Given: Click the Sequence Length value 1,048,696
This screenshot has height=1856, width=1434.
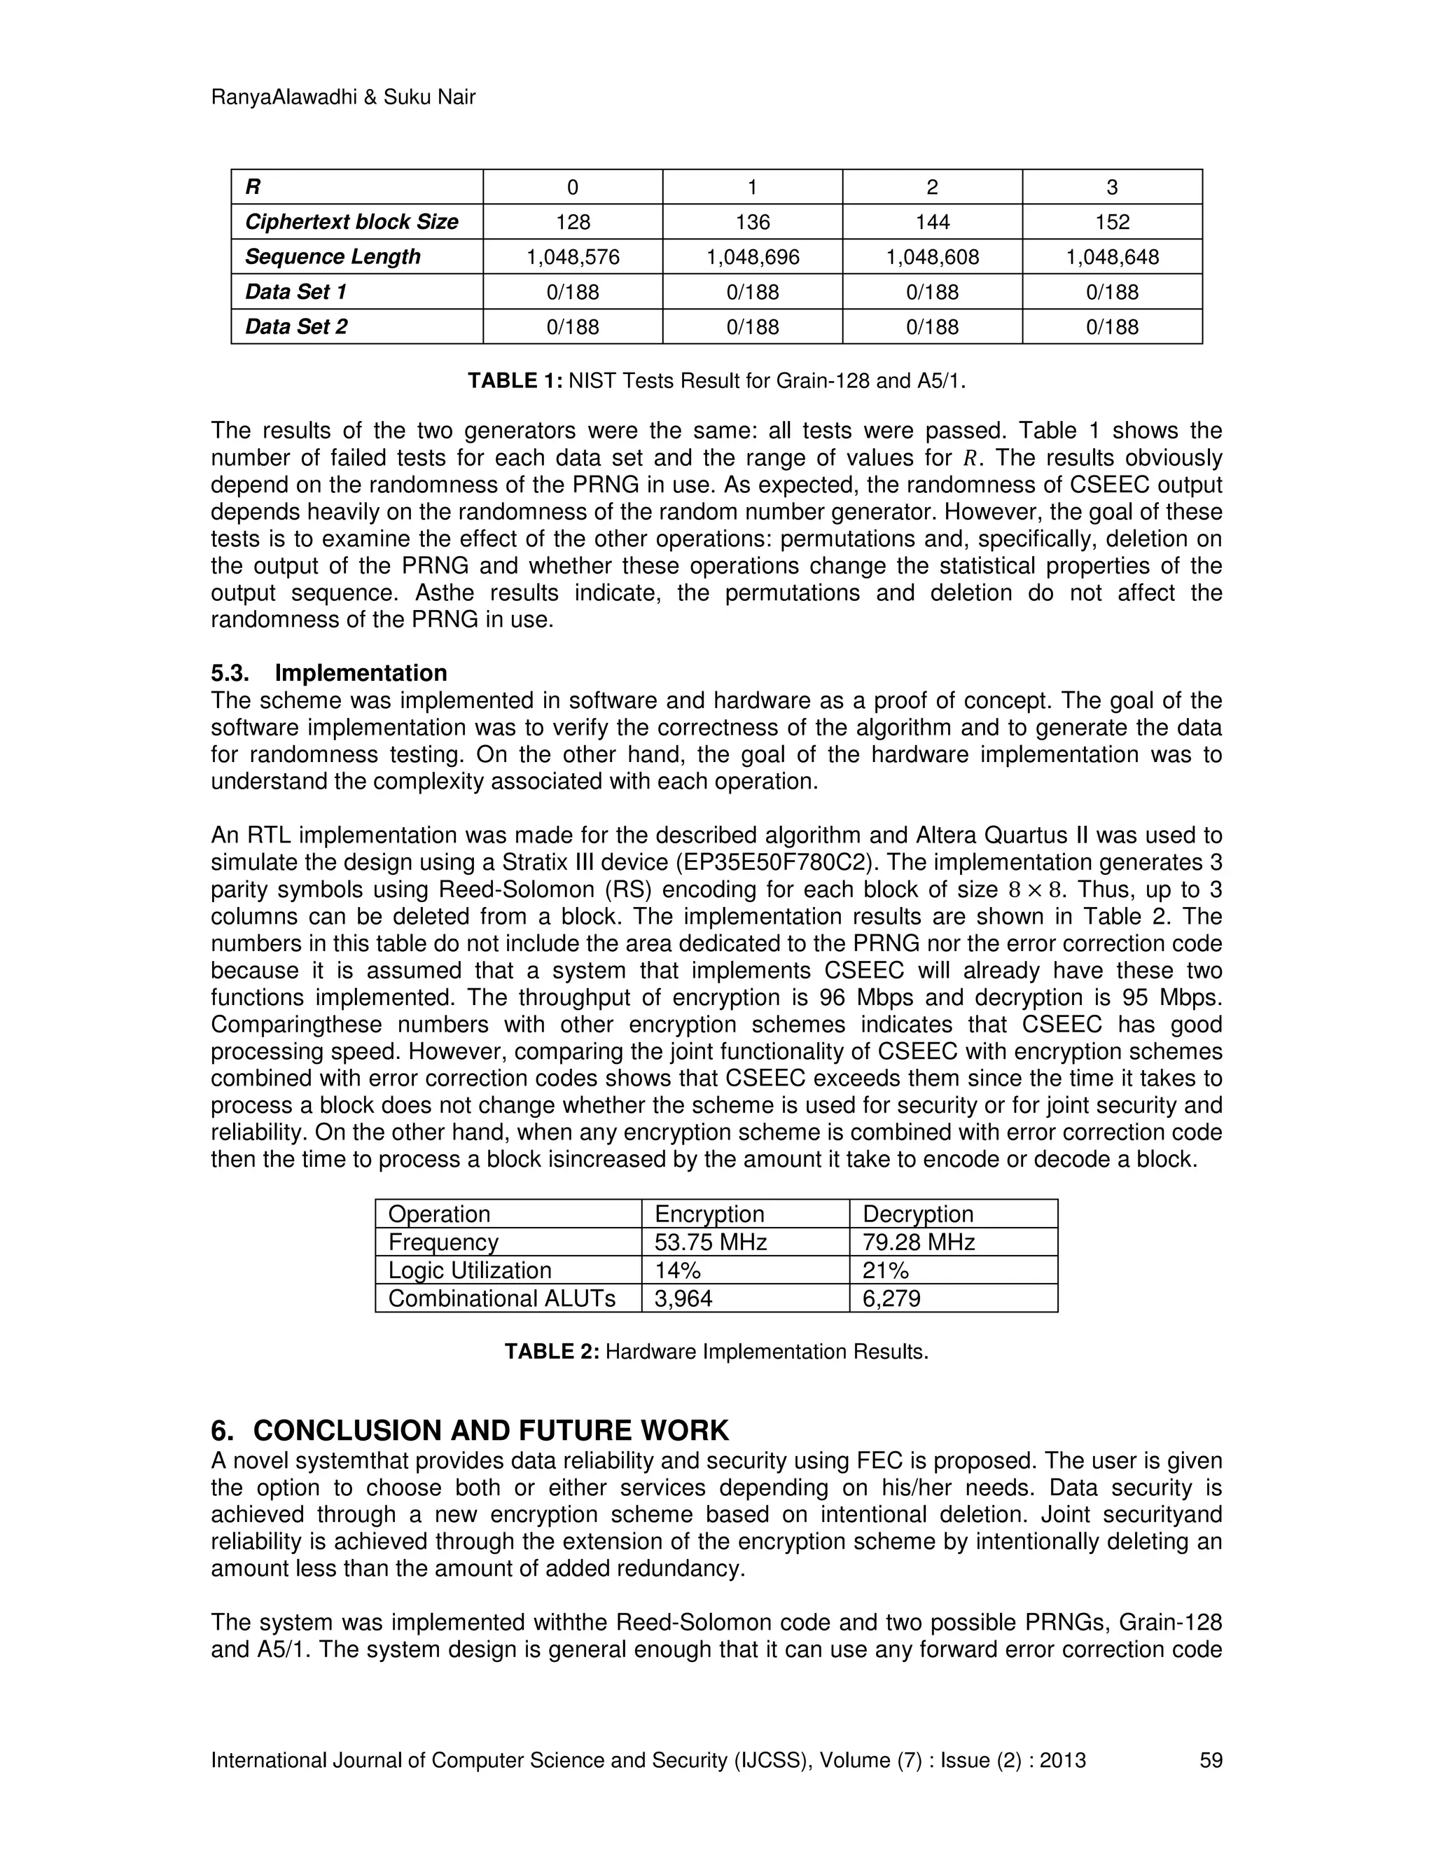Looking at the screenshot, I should [x=752, y=256].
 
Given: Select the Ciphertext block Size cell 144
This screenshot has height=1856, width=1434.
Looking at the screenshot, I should [x=932, y=222].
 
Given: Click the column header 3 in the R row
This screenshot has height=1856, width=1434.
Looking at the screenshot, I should [x=1112, y=187].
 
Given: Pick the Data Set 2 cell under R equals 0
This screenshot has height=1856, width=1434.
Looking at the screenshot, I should [x=573, y=326].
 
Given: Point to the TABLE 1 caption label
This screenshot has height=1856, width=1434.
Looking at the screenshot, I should [x=515, y=381].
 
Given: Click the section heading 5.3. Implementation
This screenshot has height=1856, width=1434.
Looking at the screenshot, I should [x=329, y=673].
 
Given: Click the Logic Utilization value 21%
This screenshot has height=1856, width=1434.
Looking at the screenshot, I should [x=885, y=1270].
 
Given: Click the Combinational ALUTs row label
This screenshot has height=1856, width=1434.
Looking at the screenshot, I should [x=501, y=1298].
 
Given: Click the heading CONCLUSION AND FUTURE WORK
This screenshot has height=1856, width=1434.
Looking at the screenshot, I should [x=490, y=1431].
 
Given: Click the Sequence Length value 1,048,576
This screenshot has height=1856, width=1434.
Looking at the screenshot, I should [x=573, y=256].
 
